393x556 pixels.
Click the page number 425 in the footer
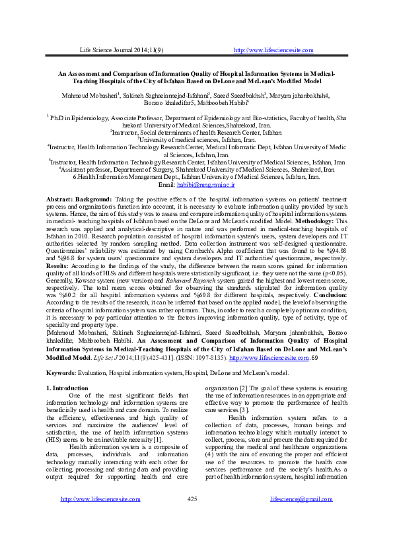tap(194, 535)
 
